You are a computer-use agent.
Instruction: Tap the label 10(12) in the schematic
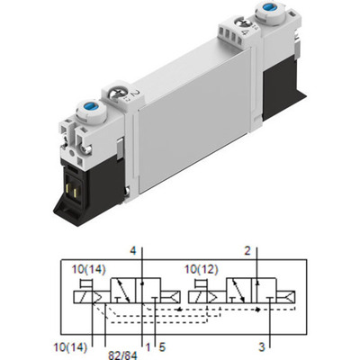tap(200, 268)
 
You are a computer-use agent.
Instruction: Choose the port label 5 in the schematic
tap(163, 343)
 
